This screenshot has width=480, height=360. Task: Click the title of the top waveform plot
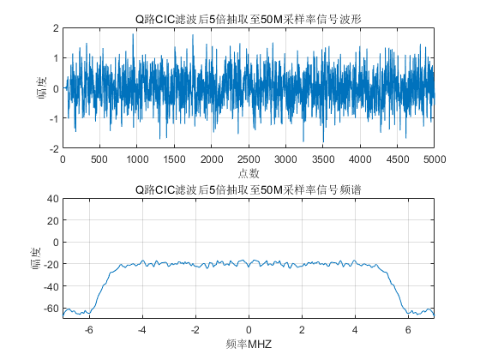click(x=249, y=19)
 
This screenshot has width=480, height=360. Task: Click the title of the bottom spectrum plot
click(x=249, y=189)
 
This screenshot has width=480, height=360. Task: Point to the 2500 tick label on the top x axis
click(x=249, y=159)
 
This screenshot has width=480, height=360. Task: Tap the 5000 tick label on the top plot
click(x=435, y=159)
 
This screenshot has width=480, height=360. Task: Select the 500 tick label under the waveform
click(x=99, y=159)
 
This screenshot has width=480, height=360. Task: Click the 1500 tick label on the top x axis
click(x=174, y=159)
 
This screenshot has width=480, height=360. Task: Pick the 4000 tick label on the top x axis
click(x=360, y=159)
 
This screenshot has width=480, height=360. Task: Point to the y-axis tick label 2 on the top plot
click(x=56, y=28)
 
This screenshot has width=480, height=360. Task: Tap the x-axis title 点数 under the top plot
click(x=249, y=173)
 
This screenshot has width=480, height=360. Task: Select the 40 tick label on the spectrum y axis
click(x=52, y=199)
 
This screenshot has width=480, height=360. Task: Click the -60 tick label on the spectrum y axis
click(x=51, y=308)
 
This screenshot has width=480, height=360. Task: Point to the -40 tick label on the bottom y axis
click(x=51, y=286)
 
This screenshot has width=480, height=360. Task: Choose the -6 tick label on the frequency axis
click(x=89, y=330)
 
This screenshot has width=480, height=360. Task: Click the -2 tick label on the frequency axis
click(x=195, y=330)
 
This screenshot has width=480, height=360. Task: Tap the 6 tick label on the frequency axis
click(x=408, y=330)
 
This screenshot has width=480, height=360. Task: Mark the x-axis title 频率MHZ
click(x=249, y=344)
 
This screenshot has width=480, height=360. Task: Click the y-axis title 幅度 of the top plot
click(x=41, y=88)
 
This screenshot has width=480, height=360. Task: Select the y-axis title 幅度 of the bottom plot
click(x=36, y=259)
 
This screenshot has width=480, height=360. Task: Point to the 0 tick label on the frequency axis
click(x=249, y=330)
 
